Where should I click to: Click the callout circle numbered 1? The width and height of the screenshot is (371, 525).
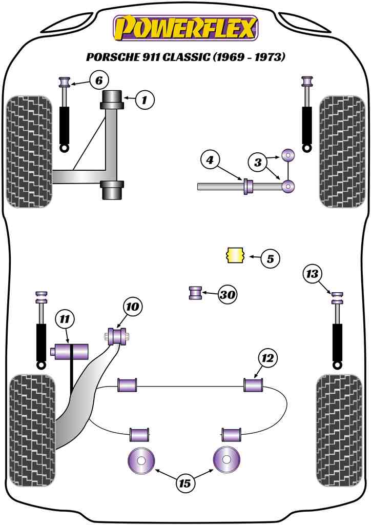click(145, 100)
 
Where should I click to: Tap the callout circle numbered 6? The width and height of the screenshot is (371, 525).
click(99, 80)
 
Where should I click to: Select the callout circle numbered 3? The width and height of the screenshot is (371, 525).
click(258, 163)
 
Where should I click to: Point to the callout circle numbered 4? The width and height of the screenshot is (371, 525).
click(210, 161)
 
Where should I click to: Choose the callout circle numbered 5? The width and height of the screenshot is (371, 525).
click(270, 259)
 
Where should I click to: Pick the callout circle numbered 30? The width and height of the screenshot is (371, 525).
click(228, 294)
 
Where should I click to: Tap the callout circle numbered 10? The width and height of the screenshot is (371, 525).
click(132, 307)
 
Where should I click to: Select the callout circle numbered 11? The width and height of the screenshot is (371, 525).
click(64, 319)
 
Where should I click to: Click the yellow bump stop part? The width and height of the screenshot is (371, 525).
click(235, 255)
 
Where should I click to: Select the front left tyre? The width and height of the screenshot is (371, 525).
click(30, 152)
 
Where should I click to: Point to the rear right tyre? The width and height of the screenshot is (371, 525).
click(341, 430)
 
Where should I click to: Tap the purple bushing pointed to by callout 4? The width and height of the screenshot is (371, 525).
click(248, 187)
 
